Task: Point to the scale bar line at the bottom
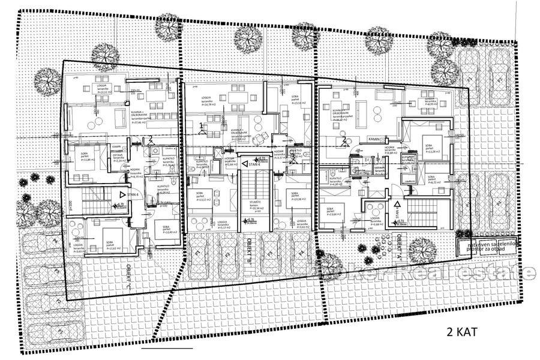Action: [167, 347]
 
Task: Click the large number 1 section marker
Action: [200, 125]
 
